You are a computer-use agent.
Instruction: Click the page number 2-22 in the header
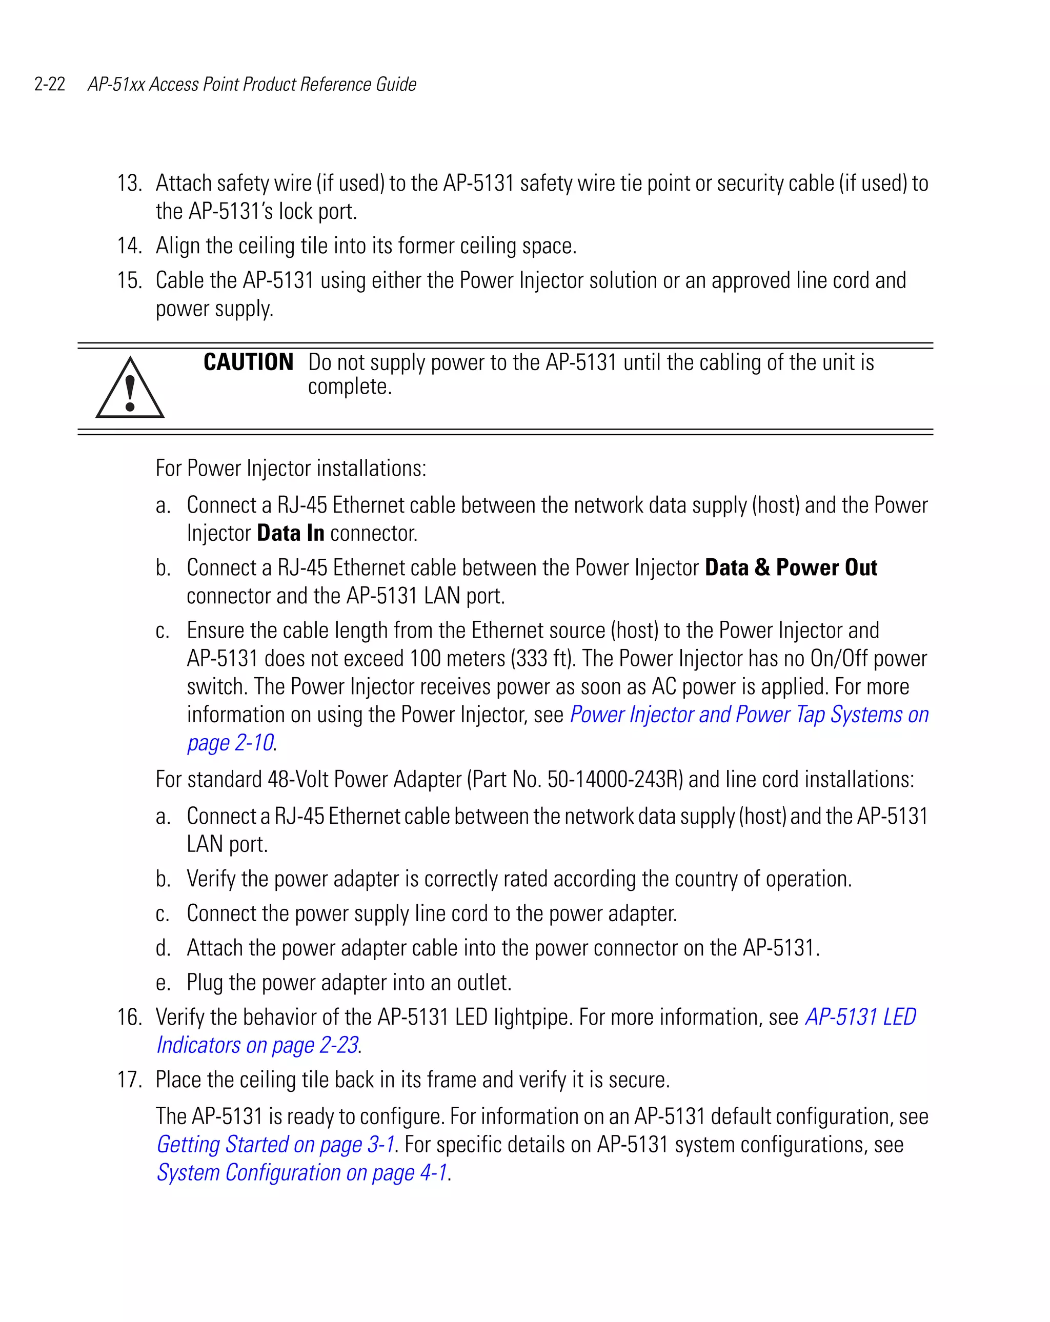point(50,84)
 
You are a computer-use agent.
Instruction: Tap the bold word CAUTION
point(248,362)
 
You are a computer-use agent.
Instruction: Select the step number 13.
point(129,184)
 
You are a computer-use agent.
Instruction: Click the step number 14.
point(129,246)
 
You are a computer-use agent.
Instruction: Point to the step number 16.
point(129,1017)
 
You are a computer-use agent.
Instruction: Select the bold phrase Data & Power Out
point(791,568)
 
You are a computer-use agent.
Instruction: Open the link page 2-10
point(231,743)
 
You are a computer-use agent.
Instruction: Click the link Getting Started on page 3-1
point(275,1145)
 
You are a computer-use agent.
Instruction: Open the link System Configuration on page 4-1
point(302,1173)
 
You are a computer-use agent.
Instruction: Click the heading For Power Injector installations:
point(291,469)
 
